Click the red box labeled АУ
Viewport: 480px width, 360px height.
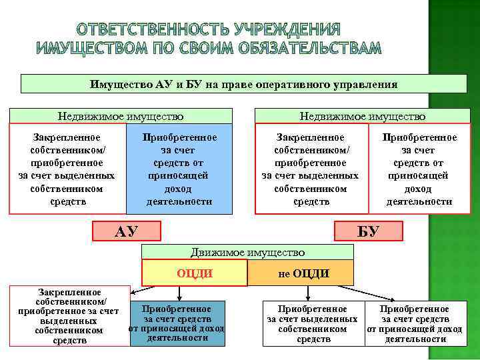coord(127,231)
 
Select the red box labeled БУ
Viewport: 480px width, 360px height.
coord(368,231)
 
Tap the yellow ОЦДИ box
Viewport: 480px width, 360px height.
coord(194,273)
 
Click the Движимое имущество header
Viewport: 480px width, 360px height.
coord(247,252)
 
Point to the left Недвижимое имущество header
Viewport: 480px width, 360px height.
coord(121,117)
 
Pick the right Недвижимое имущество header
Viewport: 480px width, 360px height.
coord(363,117)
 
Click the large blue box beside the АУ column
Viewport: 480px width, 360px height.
coord(179,169)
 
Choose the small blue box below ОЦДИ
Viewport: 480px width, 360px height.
coord(177,323)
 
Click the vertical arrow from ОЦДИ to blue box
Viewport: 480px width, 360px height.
coord(178,293)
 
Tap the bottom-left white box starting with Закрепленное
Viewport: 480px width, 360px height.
coord(69,317)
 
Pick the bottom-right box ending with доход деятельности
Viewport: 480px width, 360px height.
coord(414,324)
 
